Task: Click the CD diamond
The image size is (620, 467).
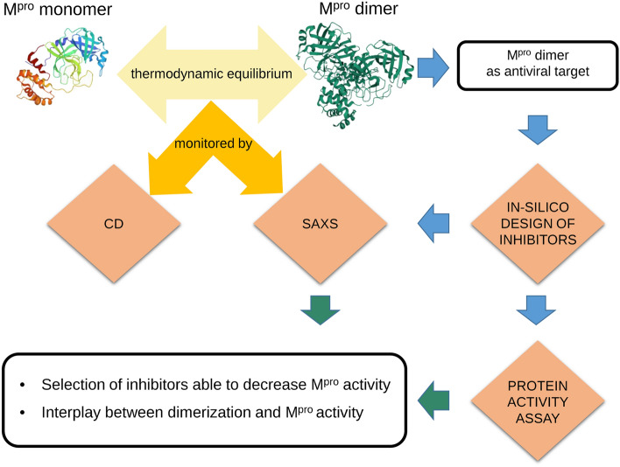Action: point(114,223)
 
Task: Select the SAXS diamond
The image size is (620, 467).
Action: point(321,223)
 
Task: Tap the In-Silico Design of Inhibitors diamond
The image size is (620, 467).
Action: point(538,223)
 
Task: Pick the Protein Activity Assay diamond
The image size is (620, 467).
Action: point(538,401)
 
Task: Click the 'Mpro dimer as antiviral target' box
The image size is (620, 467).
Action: point(538,65)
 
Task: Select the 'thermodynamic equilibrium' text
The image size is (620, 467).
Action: point(212,73)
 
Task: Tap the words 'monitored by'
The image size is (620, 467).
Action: point(213,143)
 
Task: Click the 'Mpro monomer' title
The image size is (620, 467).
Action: point(58,10)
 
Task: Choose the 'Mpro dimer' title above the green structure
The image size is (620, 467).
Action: point(359,9)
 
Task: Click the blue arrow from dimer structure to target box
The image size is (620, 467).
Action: point(433,68)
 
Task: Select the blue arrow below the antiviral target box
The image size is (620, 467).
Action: point(538,130)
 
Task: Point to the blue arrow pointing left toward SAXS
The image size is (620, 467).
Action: point(433,223)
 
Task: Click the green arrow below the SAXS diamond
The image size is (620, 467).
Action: point(321,310)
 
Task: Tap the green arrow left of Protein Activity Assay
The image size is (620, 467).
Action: point(433,401)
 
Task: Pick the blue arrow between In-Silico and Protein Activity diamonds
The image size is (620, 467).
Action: point(536,310)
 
